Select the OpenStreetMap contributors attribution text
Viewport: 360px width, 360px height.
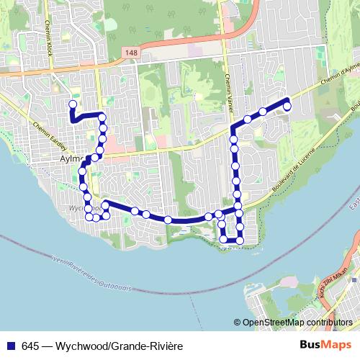click(297, 323)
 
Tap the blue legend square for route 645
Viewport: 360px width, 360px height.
click(10, 346)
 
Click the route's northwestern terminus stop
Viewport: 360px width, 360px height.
click(72, 104)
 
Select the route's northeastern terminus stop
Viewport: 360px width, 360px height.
click(287, 107)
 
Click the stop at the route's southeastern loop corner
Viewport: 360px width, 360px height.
click(240, 239)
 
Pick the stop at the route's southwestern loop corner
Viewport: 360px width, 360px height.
click(89, 216)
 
